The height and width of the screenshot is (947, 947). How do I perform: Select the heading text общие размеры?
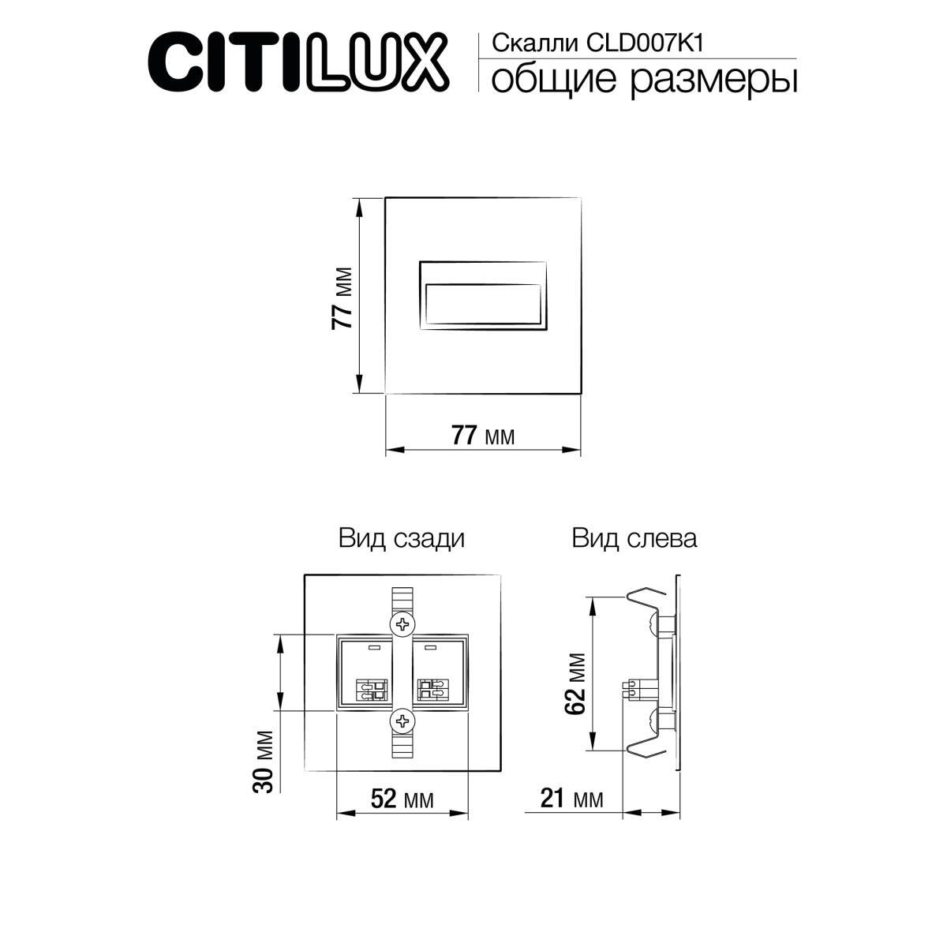click(x=643, y=81)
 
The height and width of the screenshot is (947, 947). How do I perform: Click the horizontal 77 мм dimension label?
click(x=482, y=435)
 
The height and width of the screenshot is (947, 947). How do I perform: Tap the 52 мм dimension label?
click(x=402, y=799)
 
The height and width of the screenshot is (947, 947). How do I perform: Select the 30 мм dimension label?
click(x=264, y=761)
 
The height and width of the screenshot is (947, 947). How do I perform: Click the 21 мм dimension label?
click(x=572, y=799)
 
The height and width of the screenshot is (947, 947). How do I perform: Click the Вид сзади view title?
click(x=402, y=539)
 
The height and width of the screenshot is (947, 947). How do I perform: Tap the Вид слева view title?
click(x=634, y=539)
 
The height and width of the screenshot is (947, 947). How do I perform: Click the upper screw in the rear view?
click(x=403, y=624)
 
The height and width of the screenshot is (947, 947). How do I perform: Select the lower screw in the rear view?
click(x=403, y=720)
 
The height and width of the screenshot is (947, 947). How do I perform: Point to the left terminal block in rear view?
click(x=372, y=690)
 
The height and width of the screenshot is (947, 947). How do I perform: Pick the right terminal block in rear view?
click(x=433, y=690)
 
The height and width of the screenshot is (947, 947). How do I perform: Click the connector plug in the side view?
click(x=633, y=688)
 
